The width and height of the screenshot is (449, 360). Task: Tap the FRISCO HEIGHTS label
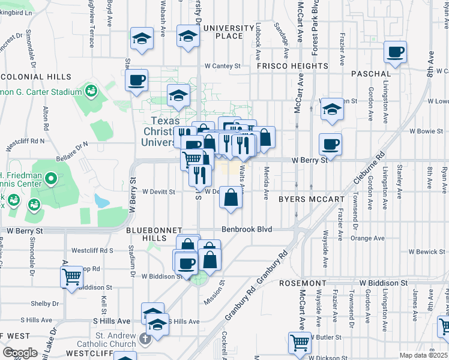[x=292, y=66]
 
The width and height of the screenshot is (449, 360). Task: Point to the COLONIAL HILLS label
[x=35, y=77]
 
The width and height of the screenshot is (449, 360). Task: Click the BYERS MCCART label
[x=312, y=199]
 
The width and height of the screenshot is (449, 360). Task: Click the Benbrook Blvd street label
[x=247, y=229]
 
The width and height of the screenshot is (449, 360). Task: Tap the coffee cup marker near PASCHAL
[x=395, y=52]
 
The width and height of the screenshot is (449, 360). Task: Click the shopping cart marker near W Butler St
[x=300, y=343]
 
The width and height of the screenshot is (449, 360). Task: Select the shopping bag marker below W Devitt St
[x=231, y=197]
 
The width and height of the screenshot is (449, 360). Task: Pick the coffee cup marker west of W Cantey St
[x=137, y=79]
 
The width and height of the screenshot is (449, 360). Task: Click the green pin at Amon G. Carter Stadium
[x=91, y=91]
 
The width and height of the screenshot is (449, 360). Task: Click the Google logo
[x=20, y=352]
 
